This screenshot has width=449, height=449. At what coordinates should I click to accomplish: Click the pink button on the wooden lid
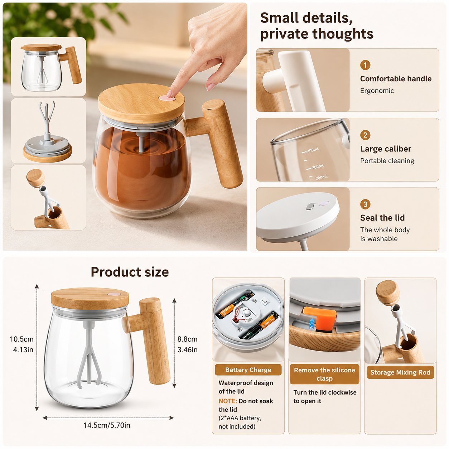[167, 98]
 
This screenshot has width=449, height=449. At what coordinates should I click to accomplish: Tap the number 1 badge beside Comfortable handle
[365, 65]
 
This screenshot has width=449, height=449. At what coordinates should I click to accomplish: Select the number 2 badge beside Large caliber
[365, 135]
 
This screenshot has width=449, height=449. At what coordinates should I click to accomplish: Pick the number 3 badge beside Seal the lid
[365, 204]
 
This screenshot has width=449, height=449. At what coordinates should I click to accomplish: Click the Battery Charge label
[248, 370]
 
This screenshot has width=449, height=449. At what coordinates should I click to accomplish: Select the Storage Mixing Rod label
[400, 372]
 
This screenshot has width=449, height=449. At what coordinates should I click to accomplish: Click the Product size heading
[130, 272]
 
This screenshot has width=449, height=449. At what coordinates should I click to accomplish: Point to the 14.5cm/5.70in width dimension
[107, 425]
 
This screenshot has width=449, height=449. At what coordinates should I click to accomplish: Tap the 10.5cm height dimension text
[22, 339]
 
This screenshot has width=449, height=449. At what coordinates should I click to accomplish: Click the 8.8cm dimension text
[187, 339]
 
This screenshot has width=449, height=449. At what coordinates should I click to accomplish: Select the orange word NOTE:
[228, 401]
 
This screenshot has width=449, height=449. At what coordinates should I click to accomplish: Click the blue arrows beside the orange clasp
[312, 324]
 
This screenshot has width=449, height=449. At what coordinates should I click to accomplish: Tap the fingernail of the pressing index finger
[169, 94]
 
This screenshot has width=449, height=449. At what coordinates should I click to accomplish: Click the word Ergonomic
[377, 91]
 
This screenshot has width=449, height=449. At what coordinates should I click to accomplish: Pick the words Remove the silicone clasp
[324, 374]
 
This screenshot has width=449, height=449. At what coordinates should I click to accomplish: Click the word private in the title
[284, 34]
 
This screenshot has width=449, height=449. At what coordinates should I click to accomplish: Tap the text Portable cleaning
[387, 161]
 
